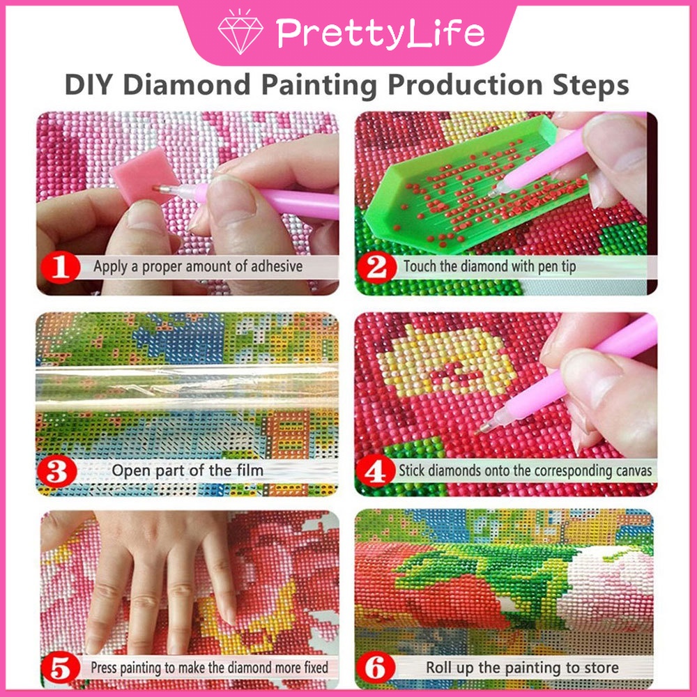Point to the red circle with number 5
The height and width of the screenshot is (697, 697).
tap(61, 670)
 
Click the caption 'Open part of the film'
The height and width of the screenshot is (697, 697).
tap(187, 470)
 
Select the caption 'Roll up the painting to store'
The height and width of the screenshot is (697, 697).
tap(522, 668)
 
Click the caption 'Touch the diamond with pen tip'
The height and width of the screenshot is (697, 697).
tap(489, 266)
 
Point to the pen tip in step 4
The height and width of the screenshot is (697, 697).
tap(480, 430)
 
